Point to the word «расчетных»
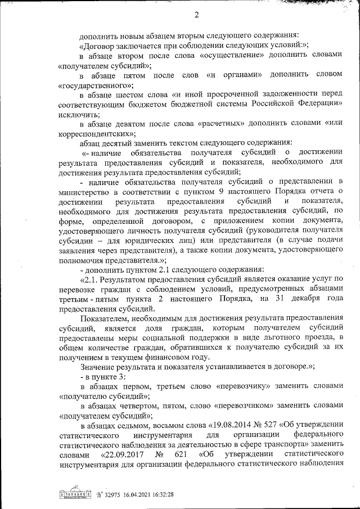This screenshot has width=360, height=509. [220, 124]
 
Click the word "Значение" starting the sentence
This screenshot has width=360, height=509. [97, 366]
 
